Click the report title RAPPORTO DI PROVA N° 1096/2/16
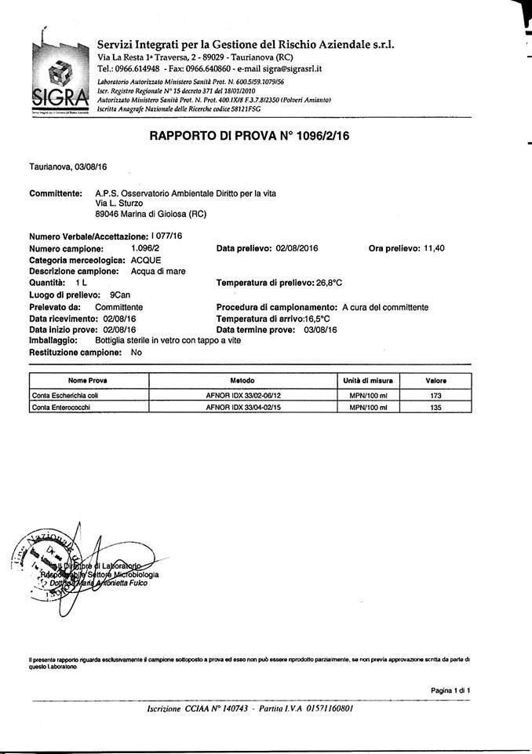pyautogui.click(x=250, y=136)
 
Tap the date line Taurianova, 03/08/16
pyautogui.click(x=68, y=167)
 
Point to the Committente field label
pyautogui.click(x=56, y=193)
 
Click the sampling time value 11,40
pyautogui.click(x=434, y=248)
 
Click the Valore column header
pyautogui.click(x=436, y=380)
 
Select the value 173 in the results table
pyautogui.click(x=436, y=395)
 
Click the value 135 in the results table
pyautogui.click(x=436, y=408)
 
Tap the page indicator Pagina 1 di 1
pyautogui.click(x=450, y=690)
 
